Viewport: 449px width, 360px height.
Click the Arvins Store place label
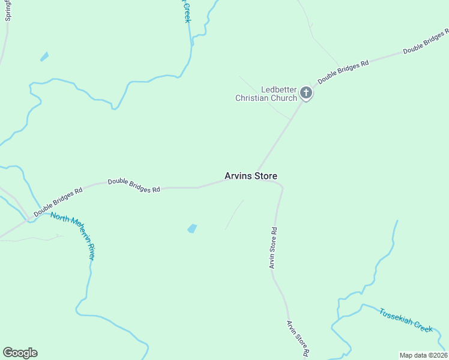pos(250,176)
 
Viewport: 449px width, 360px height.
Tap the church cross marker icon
pos(306,93)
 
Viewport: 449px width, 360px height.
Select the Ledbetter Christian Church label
pos(266,94)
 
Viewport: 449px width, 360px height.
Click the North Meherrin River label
pos(73,235)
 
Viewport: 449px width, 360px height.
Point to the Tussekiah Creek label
pos(405,320)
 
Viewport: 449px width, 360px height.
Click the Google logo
pos(20,353)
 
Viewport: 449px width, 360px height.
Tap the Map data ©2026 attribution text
pos(423,355)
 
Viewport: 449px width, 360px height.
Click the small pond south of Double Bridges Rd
pos(192,229)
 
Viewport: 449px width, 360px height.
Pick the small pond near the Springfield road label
pos(44,57)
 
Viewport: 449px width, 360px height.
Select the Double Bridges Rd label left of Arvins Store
pos(134,185)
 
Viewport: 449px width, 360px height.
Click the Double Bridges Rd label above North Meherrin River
pos(58,203)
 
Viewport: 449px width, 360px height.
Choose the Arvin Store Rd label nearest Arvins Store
pos(273,247)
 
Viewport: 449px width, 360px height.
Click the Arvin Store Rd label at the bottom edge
pos(298,340)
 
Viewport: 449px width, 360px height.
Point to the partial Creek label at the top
pos(187,11)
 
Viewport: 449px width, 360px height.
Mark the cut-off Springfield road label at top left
pos(8,10)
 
